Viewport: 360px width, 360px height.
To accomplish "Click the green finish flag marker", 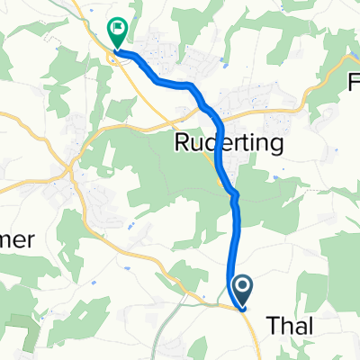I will [x=117, y=33].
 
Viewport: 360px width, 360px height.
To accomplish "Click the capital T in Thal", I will [x=273, y=328].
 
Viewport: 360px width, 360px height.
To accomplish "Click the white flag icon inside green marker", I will [x=117, y=29].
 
